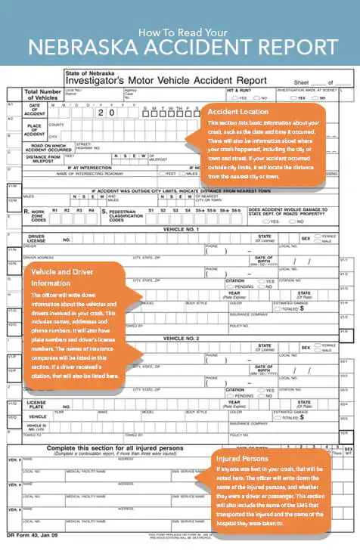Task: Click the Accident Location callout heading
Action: pos(237,111)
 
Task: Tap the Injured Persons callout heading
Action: pos(242,458)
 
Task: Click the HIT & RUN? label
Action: pos(239,90)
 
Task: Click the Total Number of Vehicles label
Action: pos(43,95)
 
